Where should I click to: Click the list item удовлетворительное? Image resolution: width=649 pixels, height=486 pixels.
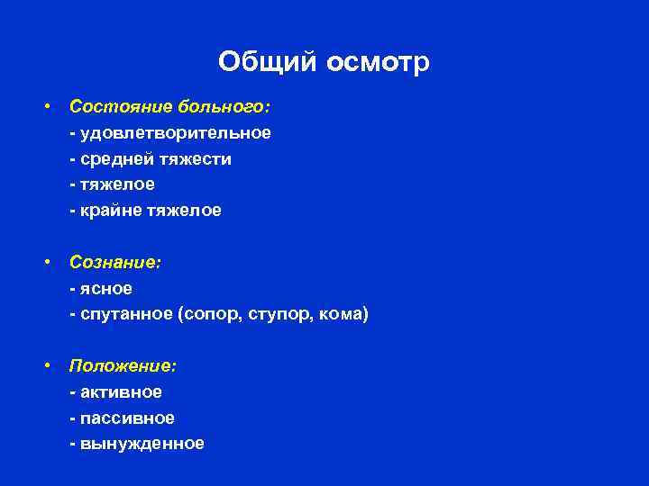[x=175, y=133]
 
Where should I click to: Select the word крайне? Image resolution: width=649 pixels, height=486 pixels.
[x=110, y=211]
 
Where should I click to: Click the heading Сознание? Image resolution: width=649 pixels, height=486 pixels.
[x=115, y=263]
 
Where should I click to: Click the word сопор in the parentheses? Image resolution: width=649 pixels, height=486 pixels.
[x=209, y=315]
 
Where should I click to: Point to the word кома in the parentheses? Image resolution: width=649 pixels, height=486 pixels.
[x=343, y=315]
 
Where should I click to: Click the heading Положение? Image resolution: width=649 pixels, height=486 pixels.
[x=123, y=366]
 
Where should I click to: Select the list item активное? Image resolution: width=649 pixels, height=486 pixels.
[x=120, y=392]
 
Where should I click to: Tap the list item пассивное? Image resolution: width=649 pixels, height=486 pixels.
[x=126, y=418]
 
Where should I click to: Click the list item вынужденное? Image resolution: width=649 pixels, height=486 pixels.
[x=142, y=444]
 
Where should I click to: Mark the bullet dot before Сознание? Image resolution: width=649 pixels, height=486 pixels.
[x=46, y=264]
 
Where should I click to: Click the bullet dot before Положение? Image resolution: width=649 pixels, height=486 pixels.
[x=46, y=367]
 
